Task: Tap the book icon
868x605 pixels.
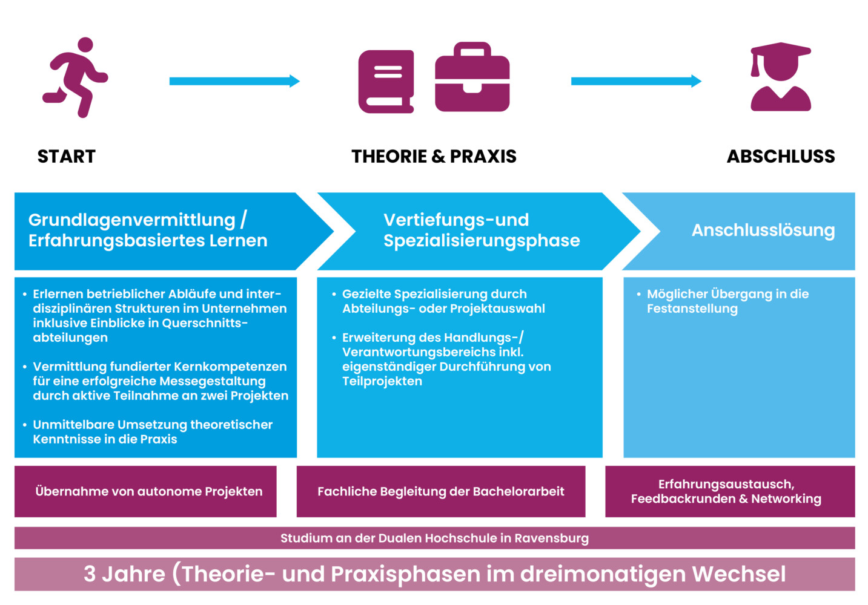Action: click(386, 81)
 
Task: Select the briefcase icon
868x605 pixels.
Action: click(472, 77)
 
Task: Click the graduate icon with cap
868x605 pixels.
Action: click(780, 77)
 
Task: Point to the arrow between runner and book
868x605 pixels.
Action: click(234, 81)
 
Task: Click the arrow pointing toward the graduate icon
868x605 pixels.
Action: click(636, 81)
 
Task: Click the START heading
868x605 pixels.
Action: click(66, 156)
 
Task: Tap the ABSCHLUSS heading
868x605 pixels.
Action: click(781, 156)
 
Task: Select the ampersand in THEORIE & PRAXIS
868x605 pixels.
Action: click(439, 156)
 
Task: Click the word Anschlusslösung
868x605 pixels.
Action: click(763, 231)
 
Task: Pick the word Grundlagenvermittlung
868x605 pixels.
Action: click(132, 221)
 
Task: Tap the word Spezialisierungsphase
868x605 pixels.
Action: click(482, 241)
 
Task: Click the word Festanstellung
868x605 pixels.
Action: click(692, 309)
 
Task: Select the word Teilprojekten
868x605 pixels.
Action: click(382, 381)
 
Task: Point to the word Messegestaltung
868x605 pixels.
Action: click(213, 382)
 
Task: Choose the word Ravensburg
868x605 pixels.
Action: click(551, 538)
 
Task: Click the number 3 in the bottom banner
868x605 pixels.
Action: click(90, 574)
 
